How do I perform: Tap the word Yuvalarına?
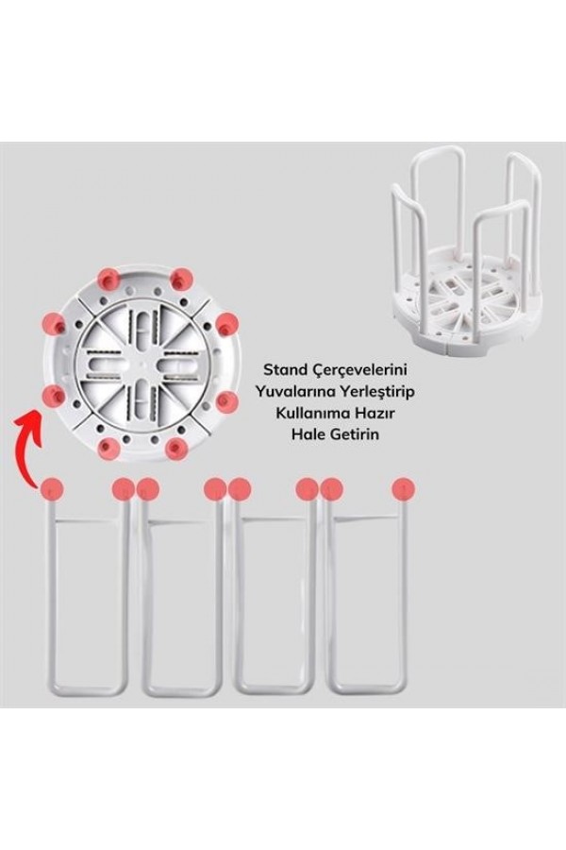point(293,391)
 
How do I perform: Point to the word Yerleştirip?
point(375,392)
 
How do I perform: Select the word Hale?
point(308,434)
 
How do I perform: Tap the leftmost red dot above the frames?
point(53,489)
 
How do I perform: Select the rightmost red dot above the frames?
point(404,489)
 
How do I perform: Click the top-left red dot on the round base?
point(108,279)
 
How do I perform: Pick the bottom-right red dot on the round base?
point(176,448)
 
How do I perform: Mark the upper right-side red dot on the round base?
point(227,324)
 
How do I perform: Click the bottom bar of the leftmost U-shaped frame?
point(87,691)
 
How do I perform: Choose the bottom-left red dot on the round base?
point(108,448)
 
